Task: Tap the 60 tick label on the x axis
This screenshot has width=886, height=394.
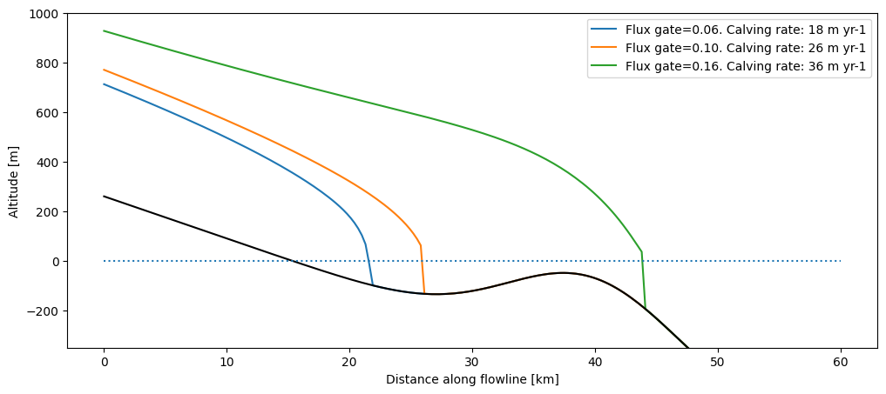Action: tap(841, 362)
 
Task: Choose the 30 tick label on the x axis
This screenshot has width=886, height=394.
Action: tap(472, 362)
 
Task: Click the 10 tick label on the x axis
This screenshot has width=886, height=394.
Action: tap(227, 362)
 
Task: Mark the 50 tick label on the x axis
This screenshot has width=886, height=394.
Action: tap(718, 362)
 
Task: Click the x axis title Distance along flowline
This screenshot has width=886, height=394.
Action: tap(472, 379)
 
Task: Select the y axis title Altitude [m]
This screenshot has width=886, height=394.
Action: tap(14, 181)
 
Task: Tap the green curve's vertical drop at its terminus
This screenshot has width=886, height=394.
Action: tap(644, 278)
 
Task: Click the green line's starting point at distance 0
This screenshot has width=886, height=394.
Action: tap(105, 31)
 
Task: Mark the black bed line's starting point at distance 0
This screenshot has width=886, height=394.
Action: tap(105, 197)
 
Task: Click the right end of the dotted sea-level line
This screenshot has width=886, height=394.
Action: tap(840, 261)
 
